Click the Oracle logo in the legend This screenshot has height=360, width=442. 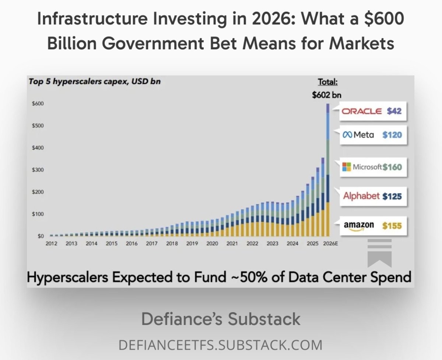coord(362,111)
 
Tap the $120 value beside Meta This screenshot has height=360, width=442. coord(392,135)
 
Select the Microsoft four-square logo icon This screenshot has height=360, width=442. coord(347,167)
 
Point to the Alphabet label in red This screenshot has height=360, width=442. coord(361,196)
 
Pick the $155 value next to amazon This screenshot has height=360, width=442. coord(392,225)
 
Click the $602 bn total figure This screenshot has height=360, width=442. coord(327,95)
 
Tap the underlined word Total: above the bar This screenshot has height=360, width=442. coord(328,82)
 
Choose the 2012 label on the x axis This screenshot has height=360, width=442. coord(51,243)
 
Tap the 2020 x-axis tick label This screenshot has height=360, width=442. coord(212,243)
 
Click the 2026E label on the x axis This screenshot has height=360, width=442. coord(330,243)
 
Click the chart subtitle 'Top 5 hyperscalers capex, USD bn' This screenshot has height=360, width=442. coord(94,81)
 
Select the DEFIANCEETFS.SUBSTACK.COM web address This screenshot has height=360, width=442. coord(221,345)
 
